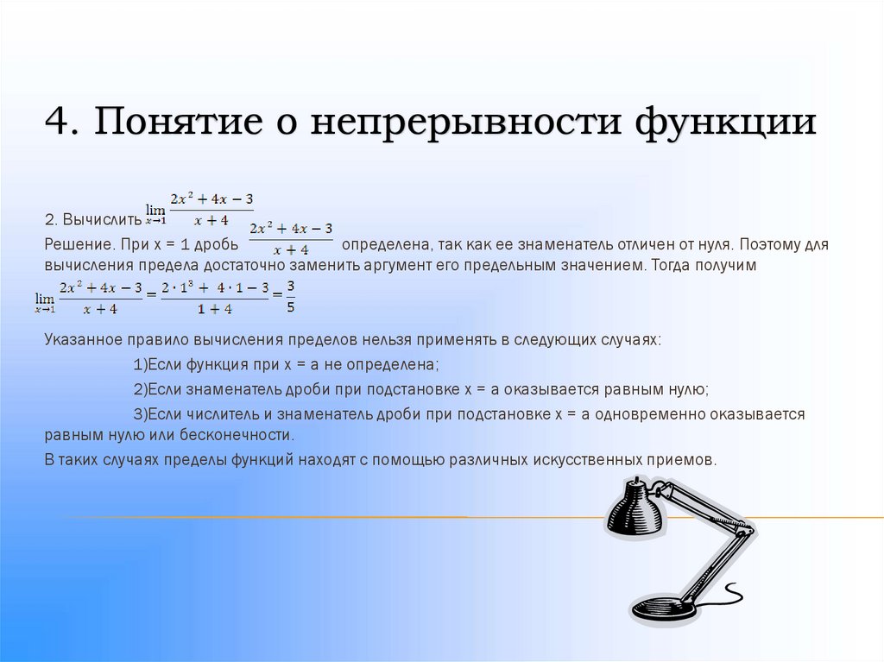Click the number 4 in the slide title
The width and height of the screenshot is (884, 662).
(x=57, y=121)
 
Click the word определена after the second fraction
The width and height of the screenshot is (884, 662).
(x=385, y=244)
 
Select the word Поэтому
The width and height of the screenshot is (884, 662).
(x=765, y=244)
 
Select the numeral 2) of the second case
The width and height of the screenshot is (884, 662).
(x=141, y=388)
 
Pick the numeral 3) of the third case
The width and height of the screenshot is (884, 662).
(x=141, y=414)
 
